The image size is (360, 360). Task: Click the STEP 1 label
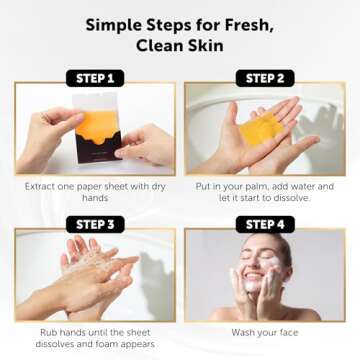(x=94, y=77)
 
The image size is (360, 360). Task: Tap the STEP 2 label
(x=265, y=77)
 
